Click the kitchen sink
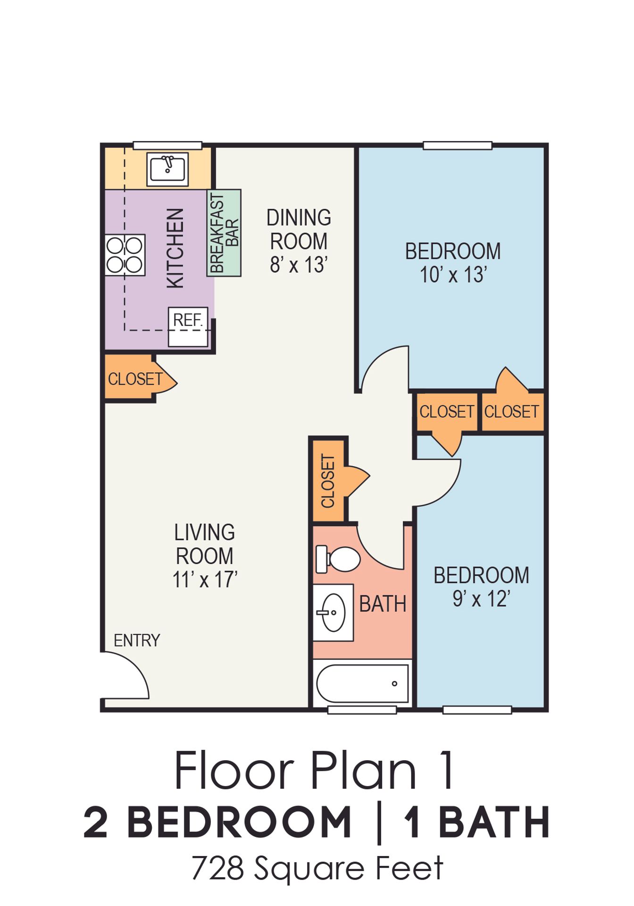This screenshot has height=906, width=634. (167, 169)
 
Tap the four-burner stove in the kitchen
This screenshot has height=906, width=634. (125, 255)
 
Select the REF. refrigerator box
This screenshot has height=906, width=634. (188, 327)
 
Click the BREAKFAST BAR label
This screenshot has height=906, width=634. (224, 233)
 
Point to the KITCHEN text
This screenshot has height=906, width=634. (175, 248)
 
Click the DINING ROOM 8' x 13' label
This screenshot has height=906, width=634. (299, 241)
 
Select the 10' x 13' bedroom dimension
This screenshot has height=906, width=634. (453, 275)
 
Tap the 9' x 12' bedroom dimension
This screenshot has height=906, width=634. (481, 599)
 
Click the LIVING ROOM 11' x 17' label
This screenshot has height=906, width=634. (204, 556)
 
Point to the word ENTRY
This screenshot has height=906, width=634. (137, 640)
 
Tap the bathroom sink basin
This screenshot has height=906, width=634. (333, 612)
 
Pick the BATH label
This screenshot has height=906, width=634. (383, 604)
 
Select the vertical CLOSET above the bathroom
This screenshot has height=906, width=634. (328, 481)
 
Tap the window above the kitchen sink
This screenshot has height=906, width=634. (167, 145)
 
